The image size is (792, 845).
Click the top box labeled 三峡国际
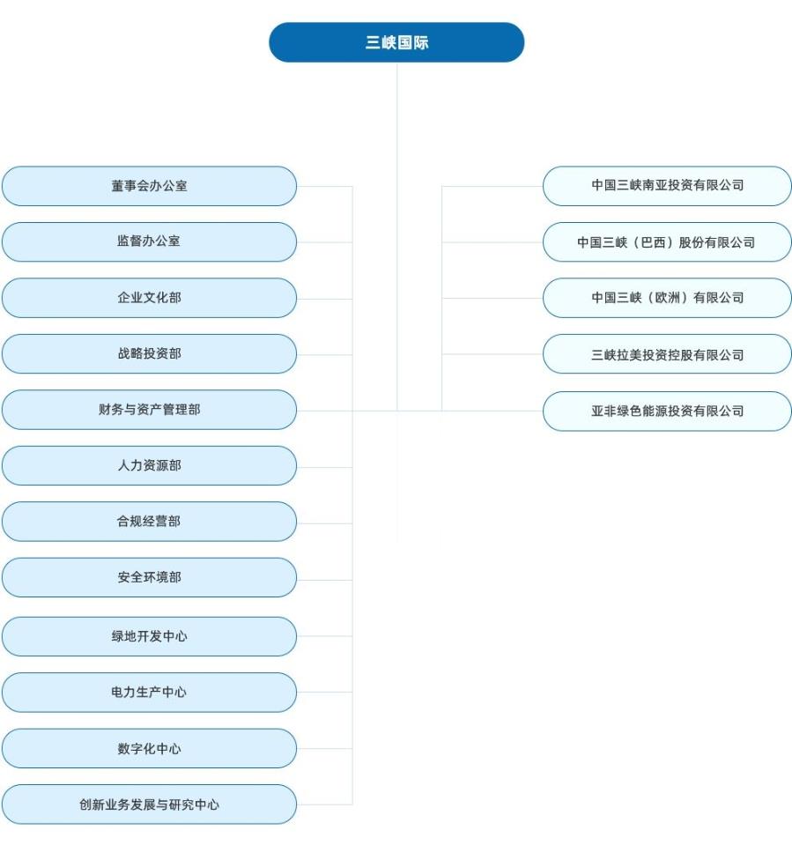[396, 42]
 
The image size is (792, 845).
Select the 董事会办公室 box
[149, 186]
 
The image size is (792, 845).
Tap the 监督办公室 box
[149, 241]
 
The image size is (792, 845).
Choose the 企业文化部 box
[149, 298]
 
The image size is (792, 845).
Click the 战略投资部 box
[149, 353]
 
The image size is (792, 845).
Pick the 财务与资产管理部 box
[149, 410]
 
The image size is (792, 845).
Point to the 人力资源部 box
[149, 465]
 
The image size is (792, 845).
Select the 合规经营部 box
[149, 522]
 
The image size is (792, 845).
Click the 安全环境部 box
[149, 577]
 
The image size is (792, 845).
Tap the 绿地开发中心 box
[149, 636]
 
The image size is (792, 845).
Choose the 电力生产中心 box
[149, 693]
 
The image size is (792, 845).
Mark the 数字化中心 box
[149, 748]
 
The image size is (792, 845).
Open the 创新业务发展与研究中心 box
[149, 804]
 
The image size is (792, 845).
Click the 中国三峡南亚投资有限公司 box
[667, 186]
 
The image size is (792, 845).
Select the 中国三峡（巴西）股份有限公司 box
[667, 242]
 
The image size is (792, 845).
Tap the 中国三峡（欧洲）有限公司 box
[667, 298]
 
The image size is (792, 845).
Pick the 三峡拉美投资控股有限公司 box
[667, 354]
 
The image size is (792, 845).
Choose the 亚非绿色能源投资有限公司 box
[667, 411]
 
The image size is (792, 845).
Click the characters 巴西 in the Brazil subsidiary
[652, 242]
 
